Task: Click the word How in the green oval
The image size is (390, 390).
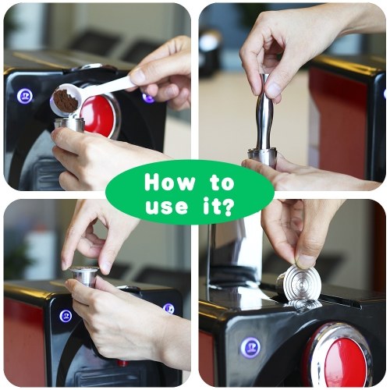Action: pyautogui.click(x=169, y=183)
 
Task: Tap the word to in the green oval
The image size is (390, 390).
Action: pyautogui.click(x=222, y=183)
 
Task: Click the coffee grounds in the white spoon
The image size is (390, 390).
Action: pyautogui.click(x=66, y=101)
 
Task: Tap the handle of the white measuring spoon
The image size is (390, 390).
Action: pyautogui.click(x=110, y=86)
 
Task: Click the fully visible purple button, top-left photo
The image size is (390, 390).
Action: pyautogui.click(x=25, y=96)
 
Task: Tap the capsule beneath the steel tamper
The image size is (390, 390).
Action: pyautogui.click(x=263, y=157)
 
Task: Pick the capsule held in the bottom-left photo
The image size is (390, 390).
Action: pyautogui.click(x=85, y=277)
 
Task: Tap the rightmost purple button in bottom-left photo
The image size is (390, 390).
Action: pyautogui.click(x=168, y=309)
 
